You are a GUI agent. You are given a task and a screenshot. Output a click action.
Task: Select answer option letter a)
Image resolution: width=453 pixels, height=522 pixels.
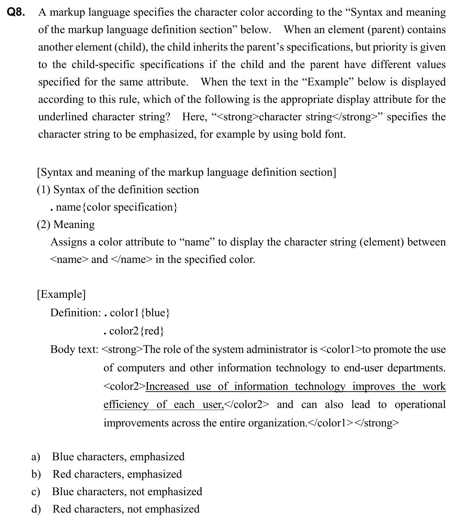[36, 457]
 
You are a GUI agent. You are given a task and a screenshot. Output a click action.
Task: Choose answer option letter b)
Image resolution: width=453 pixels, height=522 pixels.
[36, 474]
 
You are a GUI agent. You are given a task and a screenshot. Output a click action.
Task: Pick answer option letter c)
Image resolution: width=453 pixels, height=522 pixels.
[36, 492]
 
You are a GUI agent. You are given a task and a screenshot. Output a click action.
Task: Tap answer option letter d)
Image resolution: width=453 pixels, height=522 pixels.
[36, 509]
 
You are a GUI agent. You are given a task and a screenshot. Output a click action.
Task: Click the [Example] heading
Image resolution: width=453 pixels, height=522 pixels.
[61, 294]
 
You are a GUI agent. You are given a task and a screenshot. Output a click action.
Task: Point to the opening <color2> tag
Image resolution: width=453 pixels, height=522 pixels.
[124, 386]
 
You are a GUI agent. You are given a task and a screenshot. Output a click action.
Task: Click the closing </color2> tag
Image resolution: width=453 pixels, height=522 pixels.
[247, 404]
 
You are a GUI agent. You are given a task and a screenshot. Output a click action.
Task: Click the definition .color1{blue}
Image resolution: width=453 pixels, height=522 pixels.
[137, 313]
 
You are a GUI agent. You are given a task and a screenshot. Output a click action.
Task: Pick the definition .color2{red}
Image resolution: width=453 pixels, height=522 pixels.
[134, 331]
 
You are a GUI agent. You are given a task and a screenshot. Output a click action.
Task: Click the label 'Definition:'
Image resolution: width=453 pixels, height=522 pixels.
[76, 313]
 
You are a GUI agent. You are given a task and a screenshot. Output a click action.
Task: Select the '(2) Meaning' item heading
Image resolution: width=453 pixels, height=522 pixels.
[66, 225]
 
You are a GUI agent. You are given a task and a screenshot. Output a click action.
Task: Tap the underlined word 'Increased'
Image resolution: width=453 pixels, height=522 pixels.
[167, 386]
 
